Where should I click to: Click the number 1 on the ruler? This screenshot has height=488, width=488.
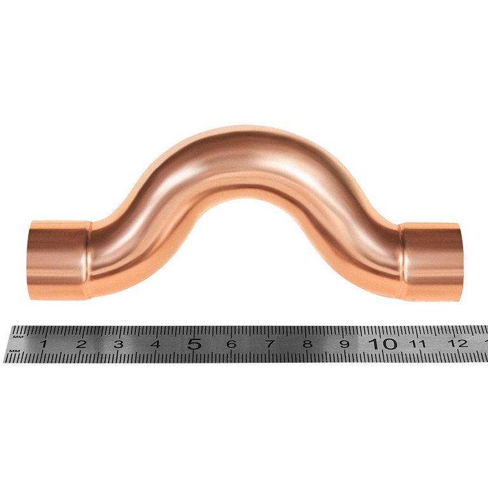(x=44, y=344)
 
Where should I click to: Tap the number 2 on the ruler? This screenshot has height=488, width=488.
(x=81, y=344)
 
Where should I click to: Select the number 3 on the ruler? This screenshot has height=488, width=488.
(x=118, y=344)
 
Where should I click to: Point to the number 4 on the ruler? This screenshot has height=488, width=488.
(x=156, y=344)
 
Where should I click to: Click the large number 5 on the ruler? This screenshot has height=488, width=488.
(x=194, y=344)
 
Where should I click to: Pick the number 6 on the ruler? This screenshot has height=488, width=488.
(x=231, y=344)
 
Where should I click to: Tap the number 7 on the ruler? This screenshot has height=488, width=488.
(x=269, y=344)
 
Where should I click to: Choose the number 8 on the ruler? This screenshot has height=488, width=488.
(x=308, y=344)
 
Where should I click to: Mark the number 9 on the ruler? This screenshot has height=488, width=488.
(x=344, y=344)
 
